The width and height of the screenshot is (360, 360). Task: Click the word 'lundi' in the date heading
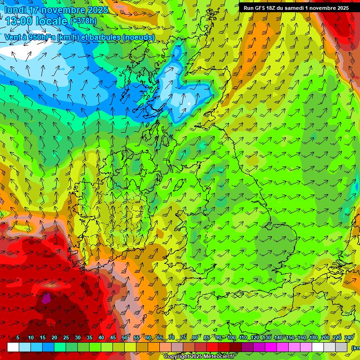(x=15, y=10)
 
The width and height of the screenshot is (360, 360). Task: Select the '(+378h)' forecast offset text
(x=83, y=21)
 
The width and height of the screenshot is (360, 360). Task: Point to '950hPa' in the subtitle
(x=40, y=37)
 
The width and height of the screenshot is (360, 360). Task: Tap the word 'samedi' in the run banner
(x=291, y=8)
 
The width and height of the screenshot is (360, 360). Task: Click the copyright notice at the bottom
(x=199, y=357)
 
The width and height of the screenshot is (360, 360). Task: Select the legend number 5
(x=18, y=338)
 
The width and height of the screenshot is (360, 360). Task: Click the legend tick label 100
(x=231, y=338)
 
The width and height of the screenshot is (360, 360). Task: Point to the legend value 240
(x=349, y=338)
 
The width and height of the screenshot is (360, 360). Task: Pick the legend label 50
(x=125, y=338)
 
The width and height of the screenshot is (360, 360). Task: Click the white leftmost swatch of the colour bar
(x=13, y=347)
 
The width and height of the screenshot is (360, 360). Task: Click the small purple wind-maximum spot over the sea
(x=46, y=298)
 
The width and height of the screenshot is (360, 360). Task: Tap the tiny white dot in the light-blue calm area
(x=189, y=103)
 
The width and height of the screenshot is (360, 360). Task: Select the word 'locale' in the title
(x=52, y=21)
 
